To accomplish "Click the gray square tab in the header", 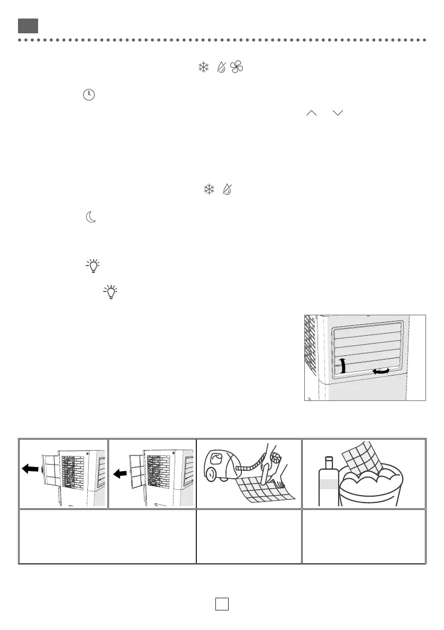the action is tap(28, 25).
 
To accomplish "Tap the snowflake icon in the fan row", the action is tap(203, 67).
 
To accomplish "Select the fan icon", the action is tap(235, 67).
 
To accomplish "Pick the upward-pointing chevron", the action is tap(311, 113).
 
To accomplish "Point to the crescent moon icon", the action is tap(91, 217).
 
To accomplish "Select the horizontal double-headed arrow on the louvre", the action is tap(380, 372).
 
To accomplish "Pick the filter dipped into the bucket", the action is tap(363, 458).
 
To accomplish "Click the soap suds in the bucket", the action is tap(370, 480).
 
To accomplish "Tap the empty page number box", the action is tap(222, 604).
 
